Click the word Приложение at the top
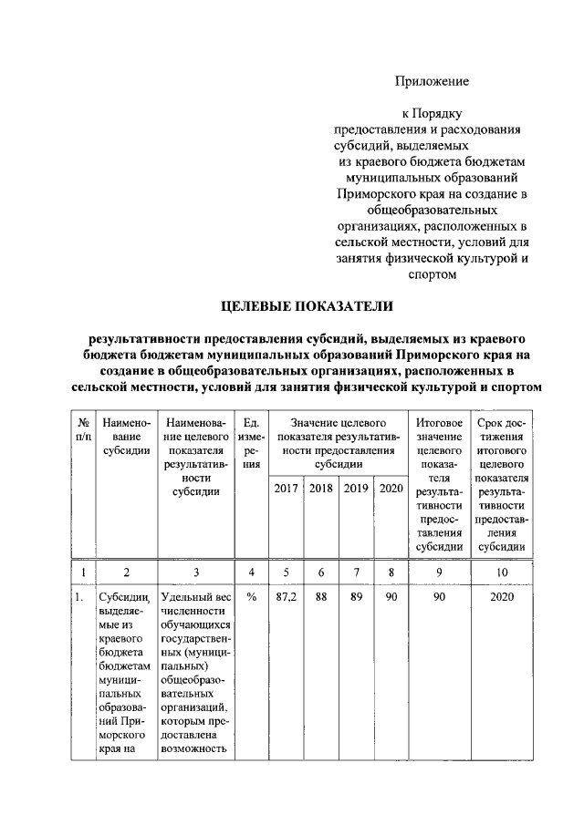(x=432, y=81)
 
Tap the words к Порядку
(x=432, y=114)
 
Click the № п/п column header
(x=83, y=430)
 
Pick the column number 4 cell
(x=251, y=572)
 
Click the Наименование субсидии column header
(x=126, y=438)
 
